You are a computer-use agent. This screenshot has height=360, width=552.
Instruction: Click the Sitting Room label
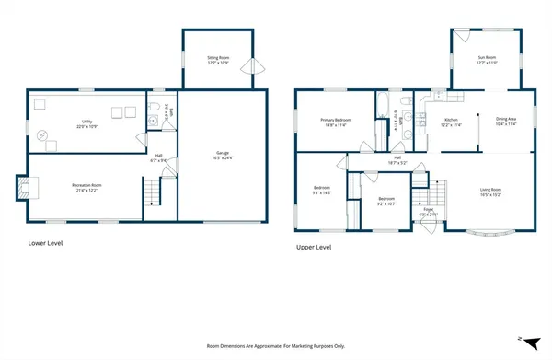coord(217,60)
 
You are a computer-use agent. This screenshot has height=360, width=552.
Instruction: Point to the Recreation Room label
coord(86,187)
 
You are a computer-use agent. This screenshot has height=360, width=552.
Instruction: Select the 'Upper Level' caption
coord(314,247)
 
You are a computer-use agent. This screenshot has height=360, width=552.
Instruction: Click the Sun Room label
coord(487,60)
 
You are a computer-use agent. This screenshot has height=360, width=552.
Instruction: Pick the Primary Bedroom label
coord(338,122)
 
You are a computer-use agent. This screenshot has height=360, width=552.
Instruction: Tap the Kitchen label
coord(452,122)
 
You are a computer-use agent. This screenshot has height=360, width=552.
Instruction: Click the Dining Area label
coord(506,122)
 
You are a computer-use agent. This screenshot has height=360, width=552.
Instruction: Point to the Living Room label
coord(490,192)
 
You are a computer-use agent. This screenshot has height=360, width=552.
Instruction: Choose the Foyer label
coord(429,212)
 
